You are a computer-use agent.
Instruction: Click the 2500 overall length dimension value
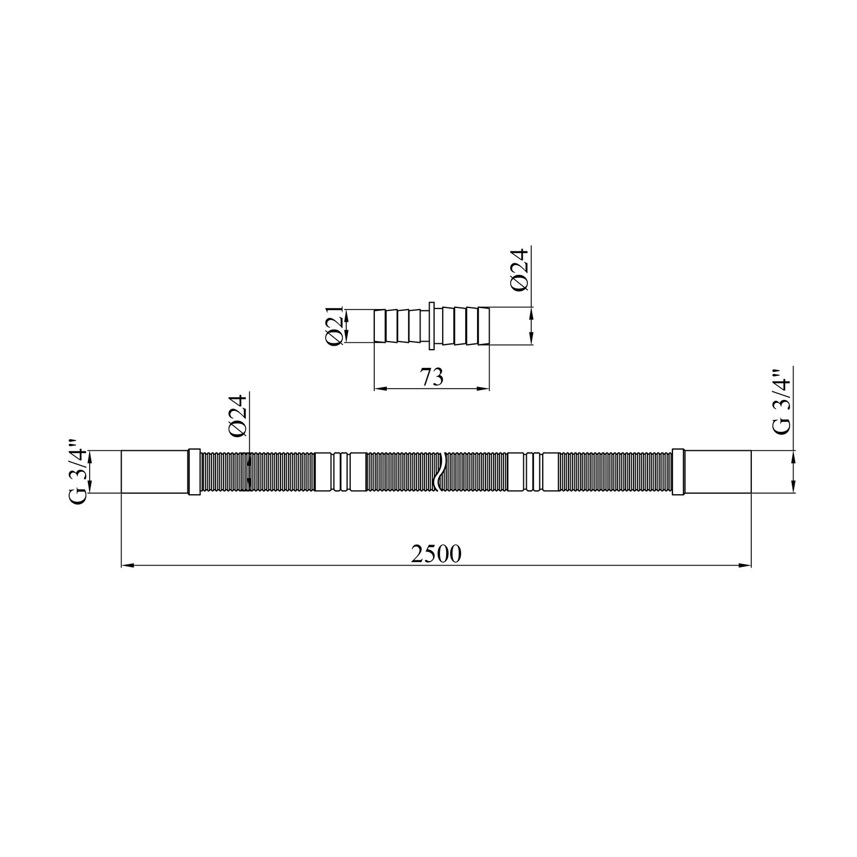tap(435, 554)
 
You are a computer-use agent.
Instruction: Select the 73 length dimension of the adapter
tap(432, 378)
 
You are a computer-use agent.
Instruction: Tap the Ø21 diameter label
tap(335, 326)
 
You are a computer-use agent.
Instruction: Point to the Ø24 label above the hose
tap(238, 416)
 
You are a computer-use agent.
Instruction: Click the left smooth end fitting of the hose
tap(154, 471)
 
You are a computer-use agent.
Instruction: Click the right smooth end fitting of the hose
tap(718, 471)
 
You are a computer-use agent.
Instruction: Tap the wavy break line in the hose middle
tap(438, 471)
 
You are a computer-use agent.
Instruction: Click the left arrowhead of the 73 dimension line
tap(379, 389)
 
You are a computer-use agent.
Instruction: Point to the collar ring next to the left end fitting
tap(194, 471)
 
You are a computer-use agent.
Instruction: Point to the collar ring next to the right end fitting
tap(678, 471)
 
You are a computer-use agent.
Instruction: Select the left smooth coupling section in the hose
tap(341, 471)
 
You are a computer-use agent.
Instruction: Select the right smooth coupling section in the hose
tap(532, 471)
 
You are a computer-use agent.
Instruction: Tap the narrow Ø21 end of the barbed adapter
tap(379, 326)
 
